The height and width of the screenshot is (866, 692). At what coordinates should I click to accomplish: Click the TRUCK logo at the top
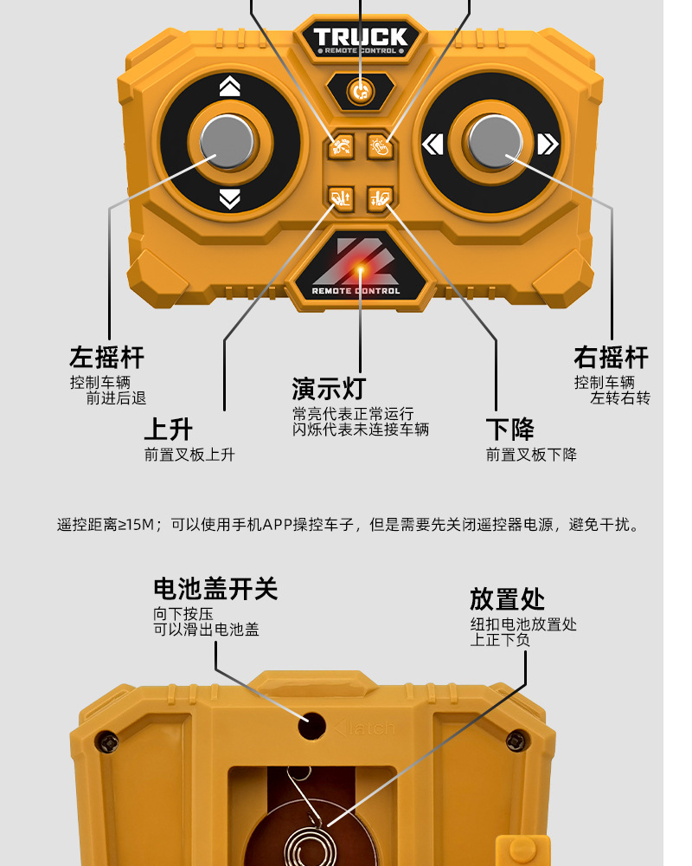(x=360, y=38)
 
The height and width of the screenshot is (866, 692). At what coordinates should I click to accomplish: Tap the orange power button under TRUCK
(x=361, y=89)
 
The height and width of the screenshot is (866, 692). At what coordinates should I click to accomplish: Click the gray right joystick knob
(x=497, y=141)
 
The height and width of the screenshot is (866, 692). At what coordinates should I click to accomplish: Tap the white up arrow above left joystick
(x=229, y=86)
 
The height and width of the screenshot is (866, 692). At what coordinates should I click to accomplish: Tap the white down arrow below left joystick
(x=229, y=199)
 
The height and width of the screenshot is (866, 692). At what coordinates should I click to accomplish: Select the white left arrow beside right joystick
(x=432, y=144)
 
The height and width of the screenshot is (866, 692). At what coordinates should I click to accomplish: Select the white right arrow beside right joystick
(x=548, y=144)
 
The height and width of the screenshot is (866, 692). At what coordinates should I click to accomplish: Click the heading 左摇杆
(x=106, y=357)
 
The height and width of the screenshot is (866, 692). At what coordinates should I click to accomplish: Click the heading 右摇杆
(x=611, y=357)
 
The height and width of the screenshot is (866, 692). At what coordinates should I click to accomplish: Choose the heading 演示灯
(x=329, y=388)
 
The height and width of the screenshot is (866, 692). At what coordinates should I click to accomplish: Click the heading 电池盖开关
(x=215, y=590)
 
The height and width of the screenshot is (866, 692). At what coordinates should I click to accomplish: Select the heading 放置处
(x=507, y=599)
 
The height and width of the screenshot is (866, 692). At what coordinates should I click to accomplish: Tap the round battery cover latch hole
(x=312, y=725)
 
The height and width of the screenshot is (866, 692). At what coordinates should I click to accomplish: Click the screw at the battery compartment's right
(x=516, y=740)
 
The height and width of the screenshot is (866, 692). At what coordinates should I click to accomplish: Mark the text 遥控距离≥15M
(x=105, y=525)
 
